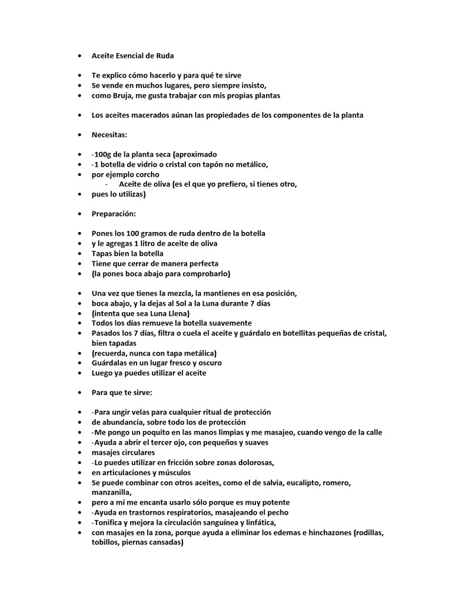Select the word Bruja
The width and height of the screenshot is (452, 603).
tap(117, 95)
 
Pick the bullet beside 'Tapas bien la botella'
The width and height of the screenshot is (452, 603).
tap(80, 254)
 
